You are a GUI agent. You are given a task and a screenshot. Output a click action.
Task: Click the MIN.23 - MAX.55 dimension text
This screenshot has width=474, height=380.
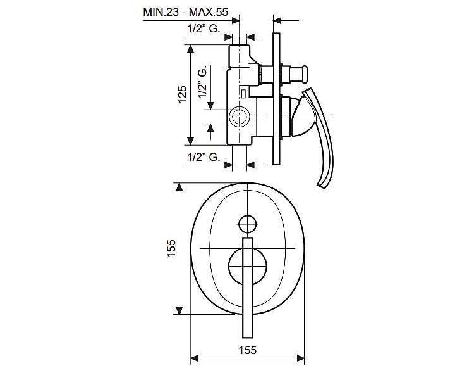185,12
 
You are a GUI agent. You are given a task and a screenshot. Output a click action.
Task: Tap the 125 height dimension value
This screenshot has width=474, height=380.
182,94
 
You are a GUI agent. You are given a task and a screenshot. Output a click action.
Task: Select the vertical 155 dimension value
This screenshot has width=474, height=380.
171,248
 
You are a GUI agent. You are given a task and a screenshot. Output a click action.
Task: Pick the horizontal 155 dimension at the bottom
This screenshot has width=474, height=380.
248,350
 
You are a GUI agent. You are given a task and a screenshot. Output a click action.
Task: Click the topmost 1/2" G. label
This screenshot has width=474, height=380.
204,28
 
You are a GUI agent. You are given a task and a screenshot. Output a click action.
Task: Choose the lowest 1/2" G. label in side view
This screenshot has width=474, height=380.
204,157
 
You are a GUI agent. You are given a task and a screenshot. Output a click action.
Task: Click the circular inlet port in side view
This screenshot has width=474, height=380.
239,117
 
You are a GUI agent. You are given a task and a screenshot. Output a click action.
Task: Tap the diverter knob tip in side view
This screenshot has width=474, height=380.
305,74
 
